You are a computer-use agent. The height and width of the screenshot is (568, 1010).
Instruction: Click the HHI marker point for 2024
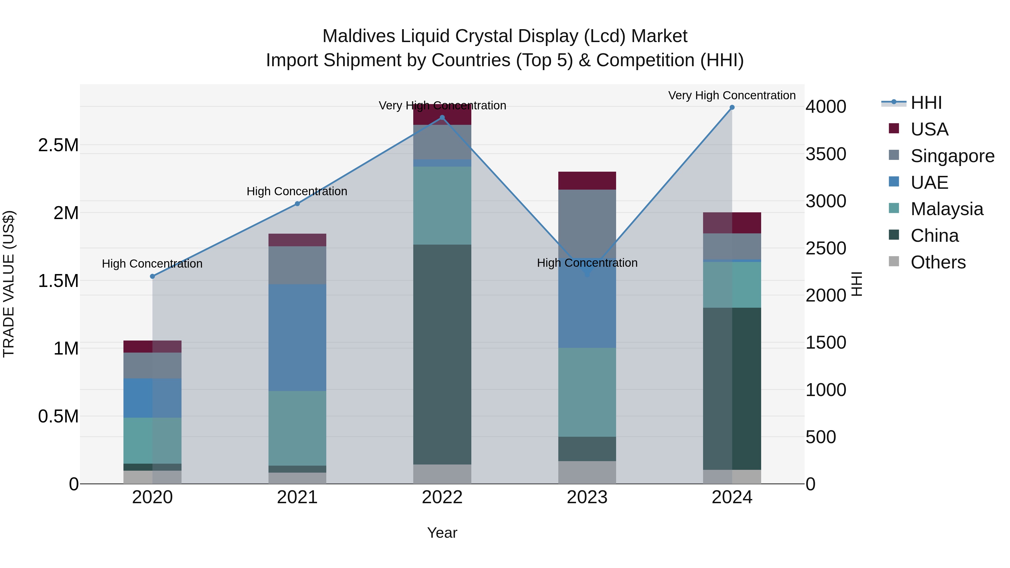(732, 107)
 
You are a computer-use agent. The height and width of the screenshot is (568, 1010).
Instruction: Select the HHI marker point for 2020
(153, 276)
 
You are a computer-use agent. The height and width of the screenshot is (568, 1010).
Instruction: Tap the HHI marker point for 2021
(297, 204)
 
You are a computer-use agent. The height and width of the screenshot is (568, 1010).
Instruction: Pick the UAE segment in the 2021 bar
(297, 337)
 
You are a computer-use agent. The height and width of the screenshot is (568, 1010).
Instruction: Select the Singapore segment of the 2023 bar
(587, 224)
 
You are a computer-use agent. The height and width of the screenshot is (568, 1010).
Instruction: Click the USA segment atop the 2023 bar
(587, 181)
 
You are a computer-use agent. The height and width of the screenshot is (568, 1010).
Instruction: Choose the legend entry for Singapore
(952, 156)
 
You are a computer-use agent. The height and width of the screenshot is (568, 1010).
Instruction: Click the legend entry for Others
(938, 262)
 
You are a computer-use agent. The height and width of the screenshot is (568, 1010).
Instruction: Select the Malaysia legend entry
(947, 209)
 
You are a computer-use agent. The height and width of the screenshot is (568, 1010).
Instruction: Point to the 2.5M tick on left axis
(58, 145)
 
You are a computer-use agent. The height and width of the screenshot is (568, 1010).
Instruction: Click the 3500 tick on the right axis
(826, 154)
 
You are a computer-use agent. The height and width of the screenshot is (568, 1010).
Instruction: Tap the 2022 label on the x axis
(442, 497)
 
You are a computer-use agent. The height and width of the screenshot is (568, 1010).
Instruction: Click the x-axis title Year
(442, 533)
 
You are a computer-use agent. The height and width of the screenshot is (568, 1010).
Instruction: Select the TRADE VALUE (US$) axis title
(9, 284)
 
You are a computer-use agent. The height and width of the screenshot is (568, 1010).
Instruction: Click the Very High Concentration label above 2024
(732, 95)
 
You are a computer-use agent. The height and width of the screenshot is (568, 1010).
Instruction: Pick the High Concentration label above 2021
(297, 191)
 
